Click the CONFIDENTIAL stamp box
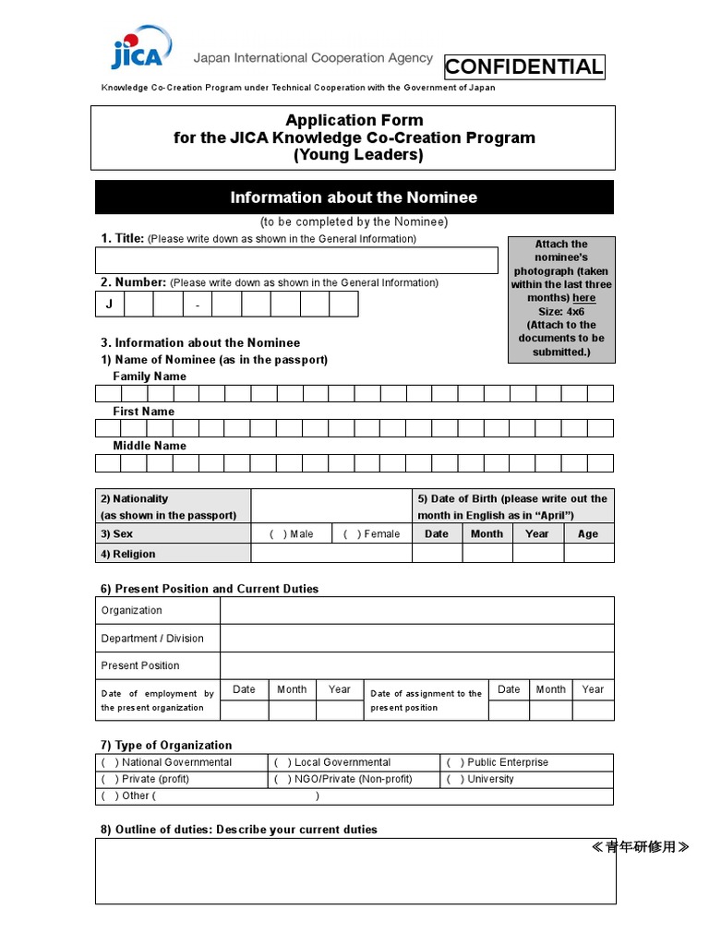[524, 66]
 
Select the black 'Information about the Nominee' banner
[354, 197]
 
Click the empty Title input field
[296, 260]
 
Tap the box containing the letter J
[109, 305]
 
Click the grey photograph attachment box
[561, 299]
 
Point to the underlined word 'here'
[583, 298]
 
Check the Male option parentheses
[277, 534]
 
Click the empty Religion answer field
[330, 554]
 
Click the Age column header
[588, 534]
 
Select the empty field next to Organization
[416, 611]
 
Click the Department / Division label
[152, 639]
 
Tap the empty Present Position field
[416, 665]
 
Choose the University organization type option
[452, 779]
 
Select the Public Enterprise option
[452, 762]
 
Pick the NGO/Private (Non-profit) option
[281, 779]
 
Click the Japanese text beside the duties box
[640, 847]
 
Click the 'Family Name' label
[150, 377]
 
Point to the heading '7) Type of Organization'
[166, 746]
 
